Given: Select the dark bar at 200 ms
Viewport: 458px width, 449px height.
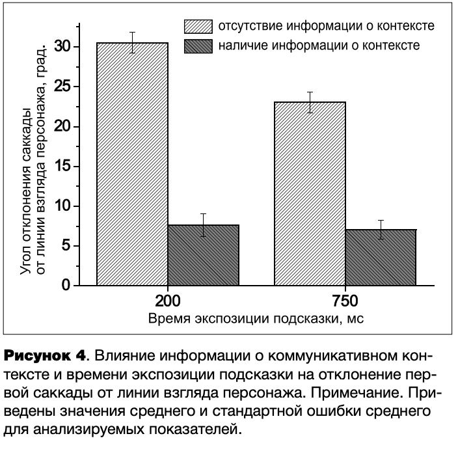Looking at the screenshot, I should [203, 255].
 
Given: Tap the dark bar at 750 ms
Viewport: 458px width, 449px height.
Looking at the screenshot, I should [381, 257].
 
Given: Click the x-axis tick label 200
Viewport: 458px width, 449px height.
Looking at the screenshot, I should [167, 302].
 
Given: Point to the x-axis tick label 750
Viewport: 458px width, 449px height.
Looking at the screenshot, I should [345, 302].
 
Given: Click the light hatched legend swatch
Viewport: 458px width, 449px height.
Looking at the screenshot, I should [198, 27].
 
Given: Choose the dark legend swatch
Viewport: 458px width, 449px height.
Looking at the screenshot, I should [198, 46].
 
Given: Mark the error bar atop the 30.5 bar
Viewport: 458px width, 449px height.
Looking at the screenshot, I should [132, 42].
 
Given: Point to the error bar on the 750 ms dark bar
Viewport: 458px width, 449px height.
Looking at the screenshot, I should [381, 230].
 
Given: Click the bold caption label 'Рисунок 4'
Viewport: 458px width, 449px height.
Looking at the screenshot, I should [45, 357].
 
